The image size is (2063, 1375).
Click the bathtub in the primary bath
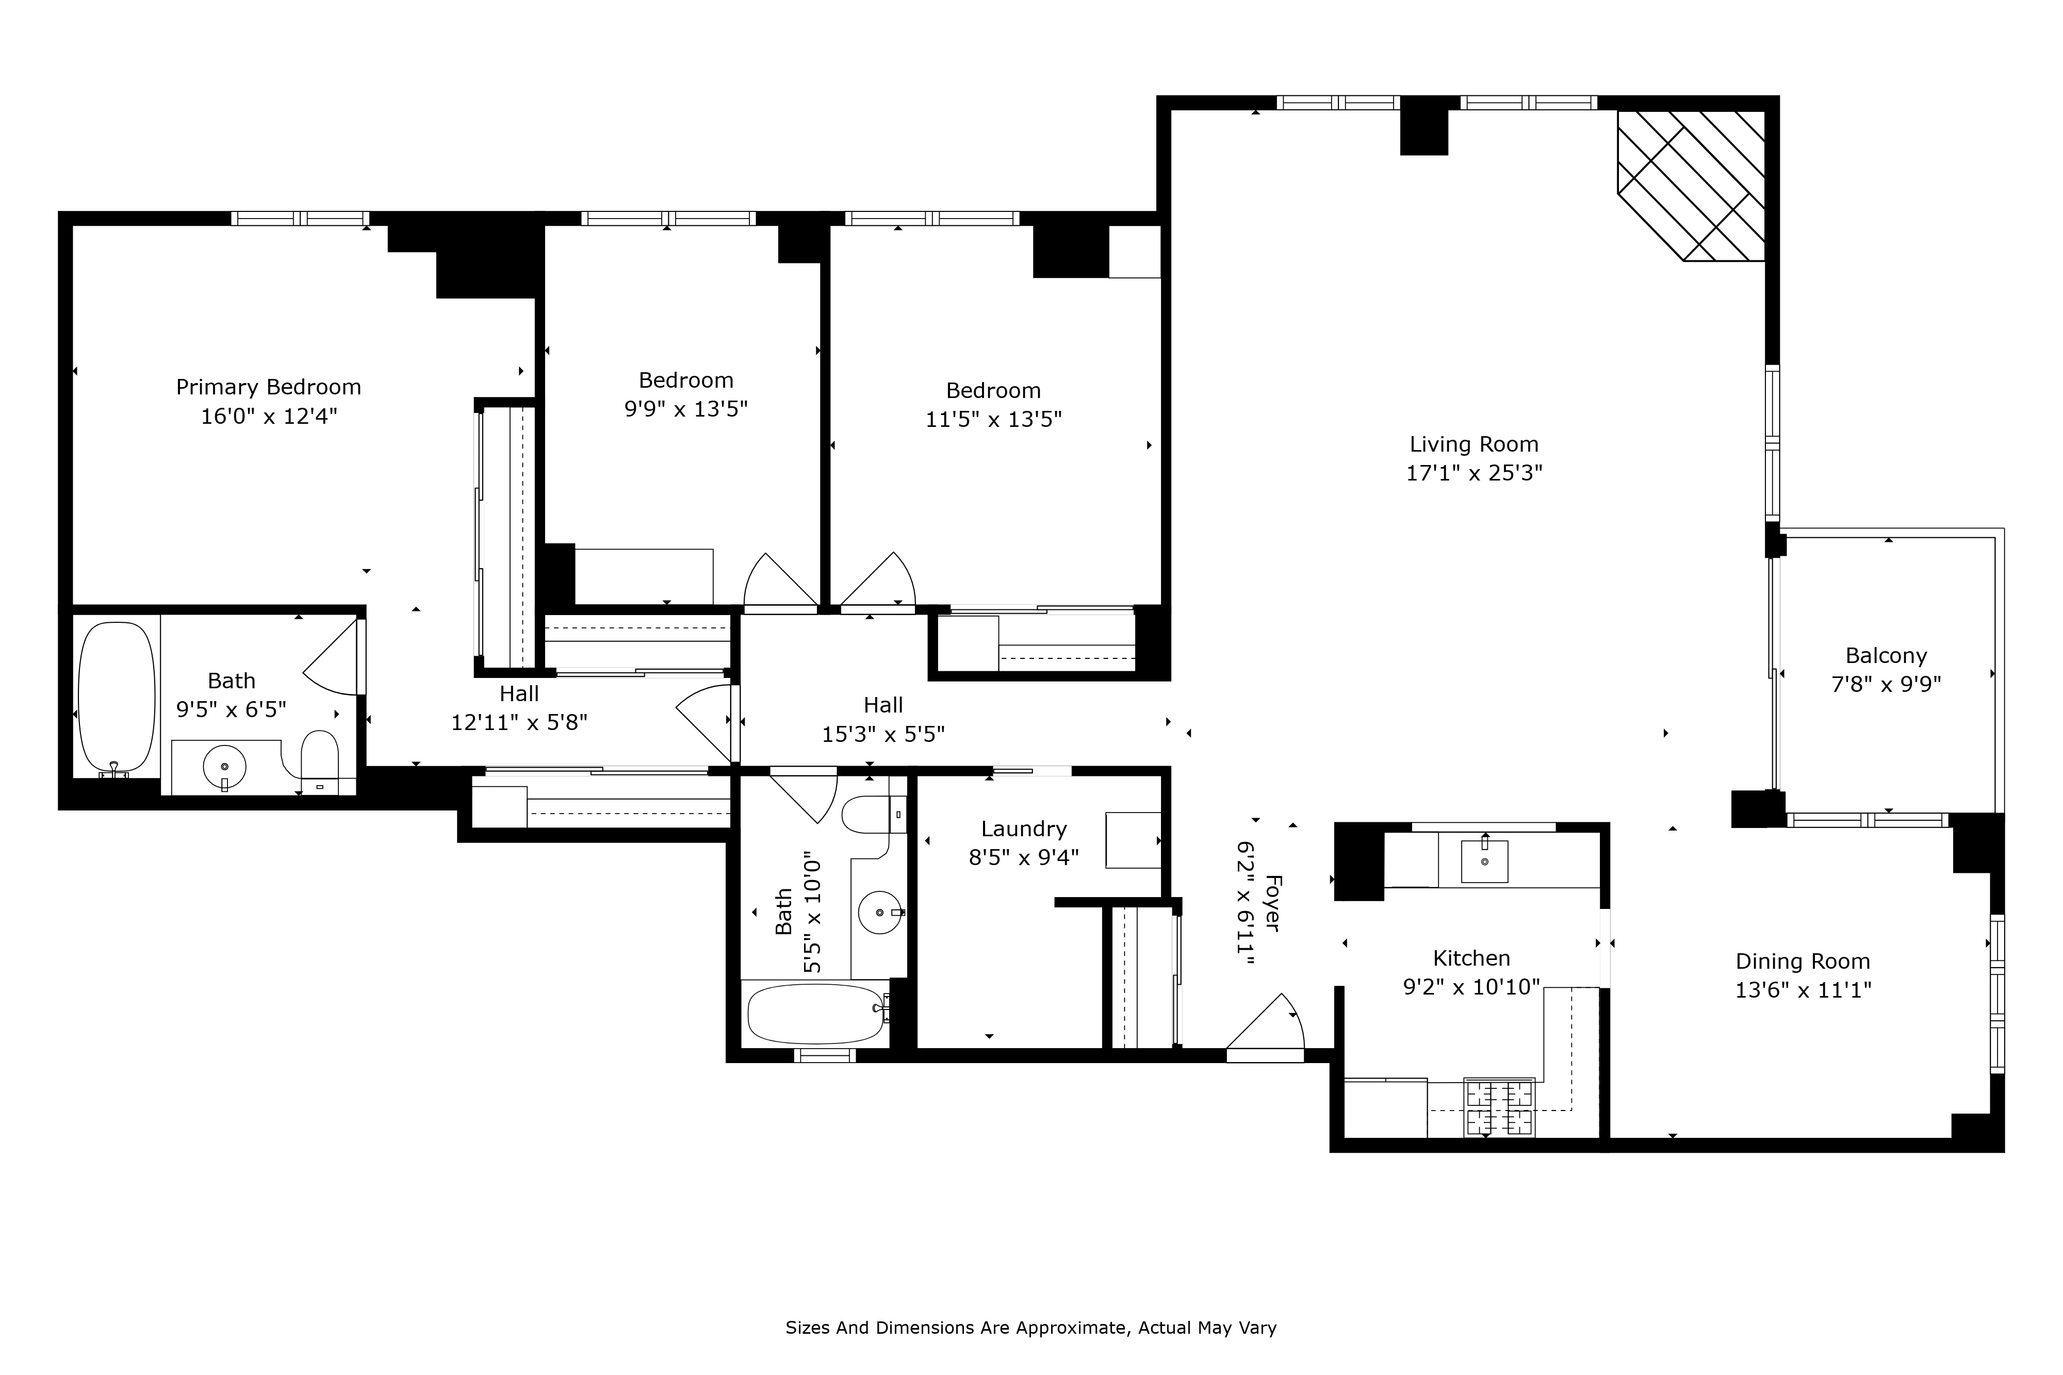[117, 697]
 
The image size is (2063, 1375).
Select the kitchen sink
[1484, 860]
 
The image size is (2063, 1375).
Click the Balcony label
[1886, 656]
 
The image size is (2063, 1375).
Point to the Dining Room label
[1803, 961]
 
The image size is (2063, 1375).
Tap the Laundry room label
[1024, 829]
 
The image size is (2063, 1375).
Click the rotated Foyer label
[1272, 903]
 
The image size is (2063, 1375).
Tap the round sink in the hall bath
[880, 912]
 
